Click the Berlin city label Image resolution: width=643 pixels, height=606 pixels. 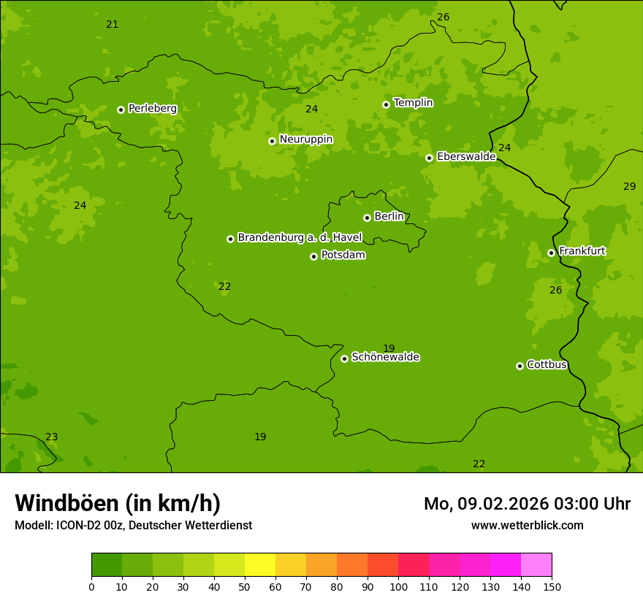pyautogui.click(x=389, y=217)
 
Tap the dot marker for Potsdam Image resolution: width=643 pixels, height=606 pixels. pyautogui.click(x=313, y=256)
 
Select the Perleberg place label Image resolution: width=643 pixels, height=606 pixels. pyautogui.click(x=152, y=109)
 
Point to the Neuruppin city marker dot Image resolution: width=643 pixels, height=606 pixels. pyautogui.click(x=272, y=141)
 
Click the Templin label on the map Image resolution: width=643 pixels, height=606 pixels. pyautogui.click(x=413, y=103)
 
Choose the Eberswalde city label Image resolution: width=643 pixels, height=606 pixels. pyautogui.click(x=466, y=157)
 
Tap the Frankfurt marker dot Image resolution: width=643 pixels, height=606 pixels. pyautogui.click(x=551, y=253)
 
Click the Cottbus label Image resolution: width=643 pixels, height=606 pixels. pyautogui.click(x=547, y=365)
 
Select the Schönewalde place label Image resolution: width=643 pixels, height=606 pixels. pyautogui.click(x=385, y=358)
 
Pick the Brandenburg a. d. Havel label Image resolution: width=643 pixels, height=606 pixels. pyautogui.click(x=300, y=238)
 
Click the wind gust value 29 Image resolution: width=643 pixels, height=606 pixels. pyautogui.click(x=629, y=187)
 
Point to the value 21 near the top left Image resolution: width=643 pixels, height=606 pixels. pyautogui.click(x=112, y=25)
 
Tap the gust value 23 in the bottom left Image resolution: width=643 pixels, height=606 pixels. pyautogui.click(x=52, y=437)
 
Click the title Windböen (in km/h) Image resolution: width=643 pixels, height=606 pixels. pyautogui.click(x=118, y=503)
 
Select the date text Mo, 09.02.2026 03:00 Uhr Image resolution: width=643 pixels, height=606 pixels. pyautogui.click(x=527, y=504)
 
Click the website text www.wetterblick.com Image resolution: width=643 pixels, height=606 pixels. pyautogui.click(x=527, y=525)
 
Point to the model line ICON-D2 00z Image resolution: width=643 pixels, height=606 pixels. pyautogui.click(x=133, y=525)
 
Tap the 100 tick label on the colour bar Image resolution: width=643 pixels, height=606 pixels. pyautogui.click(x=398, y=586)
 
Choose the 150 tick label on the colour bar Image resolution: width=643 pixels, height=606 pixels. pyautogui.click(x=552, y=586)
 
